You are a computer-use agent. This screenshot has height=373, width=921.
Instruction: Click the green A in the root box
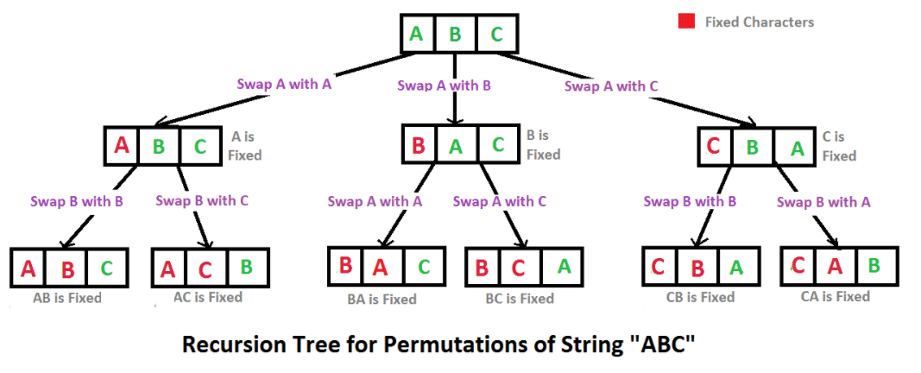[416, 33]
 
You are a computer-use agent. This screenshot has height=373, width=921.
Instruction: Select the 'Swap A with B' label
[444, 85]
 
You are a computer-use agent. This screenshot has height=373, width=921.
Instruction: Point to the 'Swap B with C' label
[202, 200]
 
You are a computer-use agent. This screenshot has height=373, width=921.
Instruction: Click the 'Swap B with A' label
[823, 202]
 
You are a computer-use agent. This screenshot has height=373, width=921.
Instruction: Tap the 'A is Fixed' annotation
[244, 146]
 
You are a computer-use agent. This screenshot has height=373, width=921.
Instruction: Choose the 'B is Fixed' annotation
[543, 145]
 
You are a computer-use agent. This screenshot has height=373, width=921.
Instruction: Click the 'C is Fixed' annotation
[839, 146]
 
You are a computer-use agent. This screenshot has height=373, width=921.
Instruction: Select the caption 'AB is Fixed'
[66, 298]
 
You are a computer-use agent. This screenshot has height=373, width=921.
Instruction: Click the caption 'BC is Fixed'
[520, 299]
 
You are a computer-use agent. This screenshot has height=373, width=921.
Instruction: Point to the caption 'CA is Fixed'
[836, 297]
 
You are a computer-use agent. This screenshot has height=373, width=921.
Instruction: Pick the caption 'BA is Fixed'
[382, 300]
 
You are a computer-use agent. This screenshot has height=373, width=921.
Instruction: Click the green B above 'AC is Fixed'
[247, 266]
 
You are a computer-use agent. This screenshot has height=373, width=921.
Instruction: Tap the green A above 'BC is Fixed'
[564, 267]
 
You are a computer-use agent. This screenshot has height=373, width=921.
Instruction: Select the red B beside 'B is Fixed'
[419, 144]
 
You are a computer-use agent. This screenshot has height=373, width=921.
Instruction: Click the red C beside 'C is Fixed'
[714, 145]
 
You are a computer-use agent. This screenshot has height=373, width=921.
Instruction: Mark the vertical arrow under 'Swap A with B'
[454, 87]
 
